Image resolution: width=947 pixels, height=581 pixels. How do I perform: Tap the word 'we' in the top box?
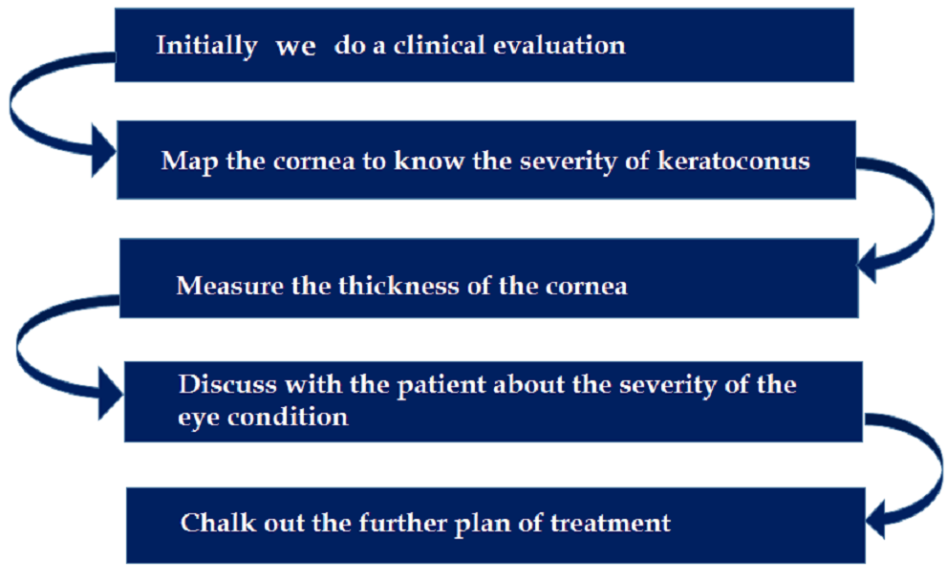[x=296, y=48]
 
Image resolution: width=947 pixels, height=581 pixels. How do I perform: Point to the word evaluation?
[x=559, y=45]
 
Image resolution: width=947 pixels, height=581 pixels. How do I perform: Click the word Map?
[x=189, y=161]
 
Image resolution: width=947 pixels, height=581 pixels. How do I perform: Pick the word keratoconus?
[x=734, y=161]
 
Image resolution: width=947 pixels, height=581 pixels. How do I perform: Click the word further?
[x=402, y=523]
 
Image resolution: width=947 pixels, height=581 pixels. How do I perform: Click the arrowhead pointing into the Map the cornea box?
[x=102, y=151]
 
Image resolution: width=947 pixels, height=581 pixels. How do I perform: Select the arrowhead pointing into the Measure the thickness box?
[x=868, y=264]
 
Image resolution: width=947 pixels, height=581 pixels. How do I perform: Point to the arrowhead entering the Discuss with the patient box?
[x=111, y=394]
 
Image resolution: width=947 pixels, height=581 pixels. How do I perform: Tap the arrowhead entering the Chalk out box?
[x=875, y=520]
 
